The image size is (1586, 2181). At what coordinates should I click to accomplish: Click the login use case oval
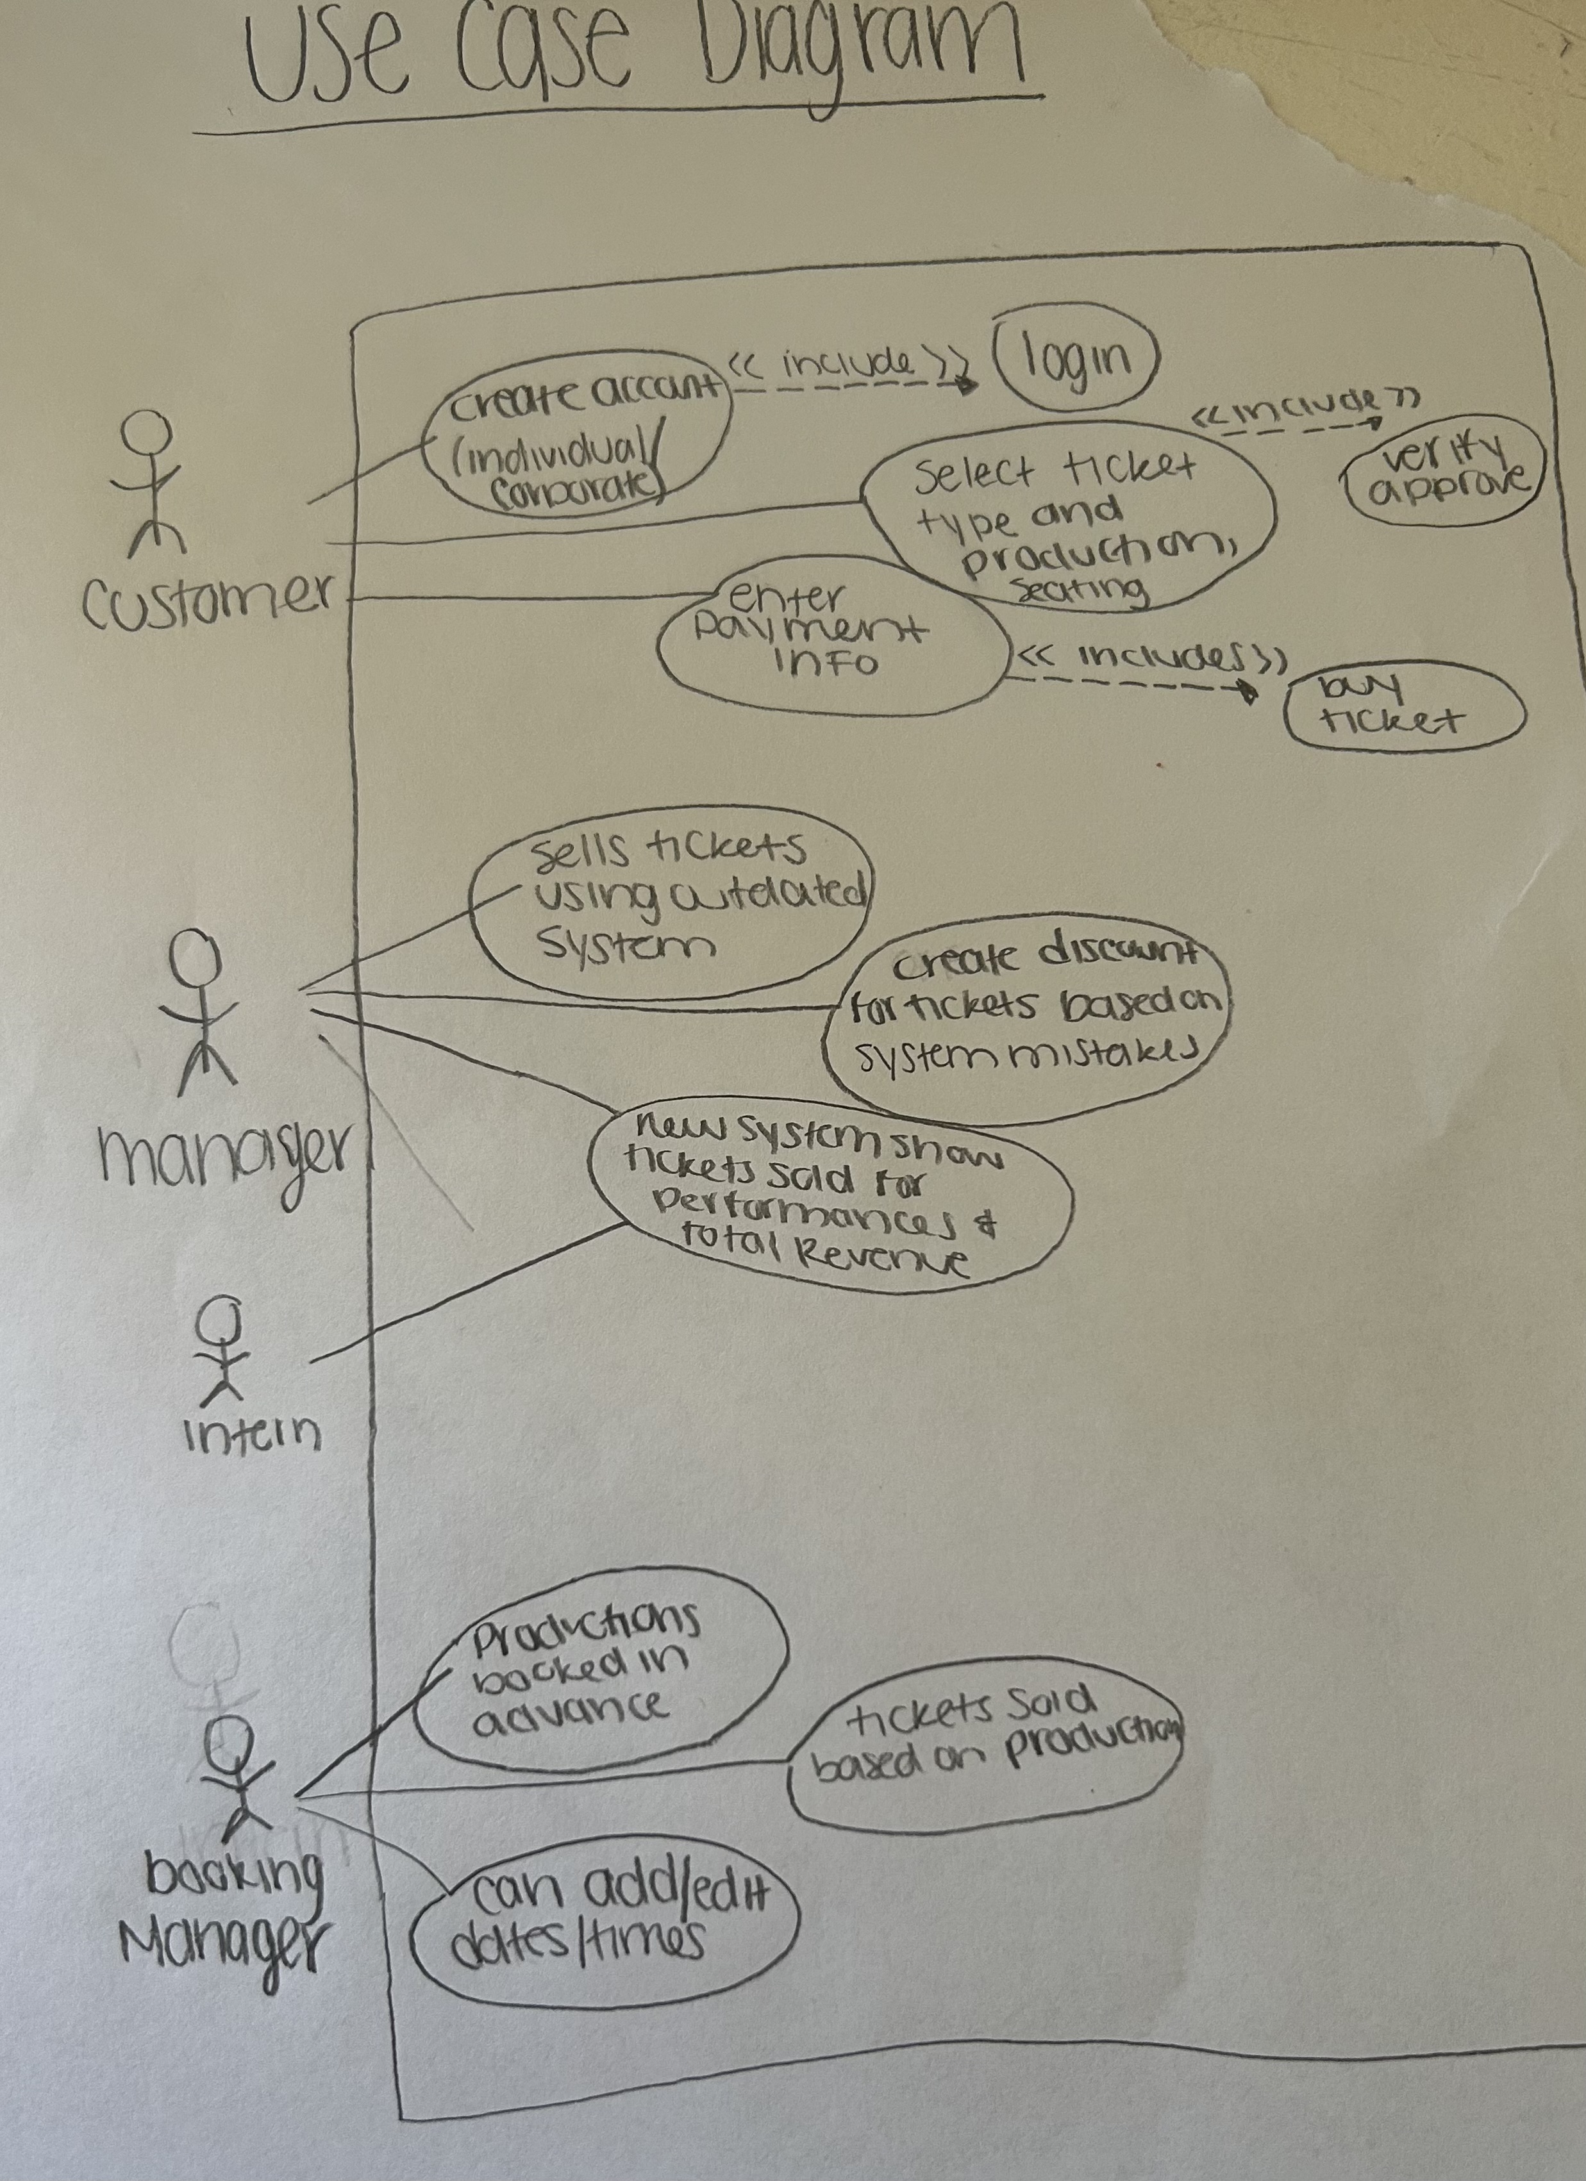pos(1075,359)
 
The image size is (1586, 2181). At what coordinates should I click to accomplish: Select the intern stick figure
pos(221,1351)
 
